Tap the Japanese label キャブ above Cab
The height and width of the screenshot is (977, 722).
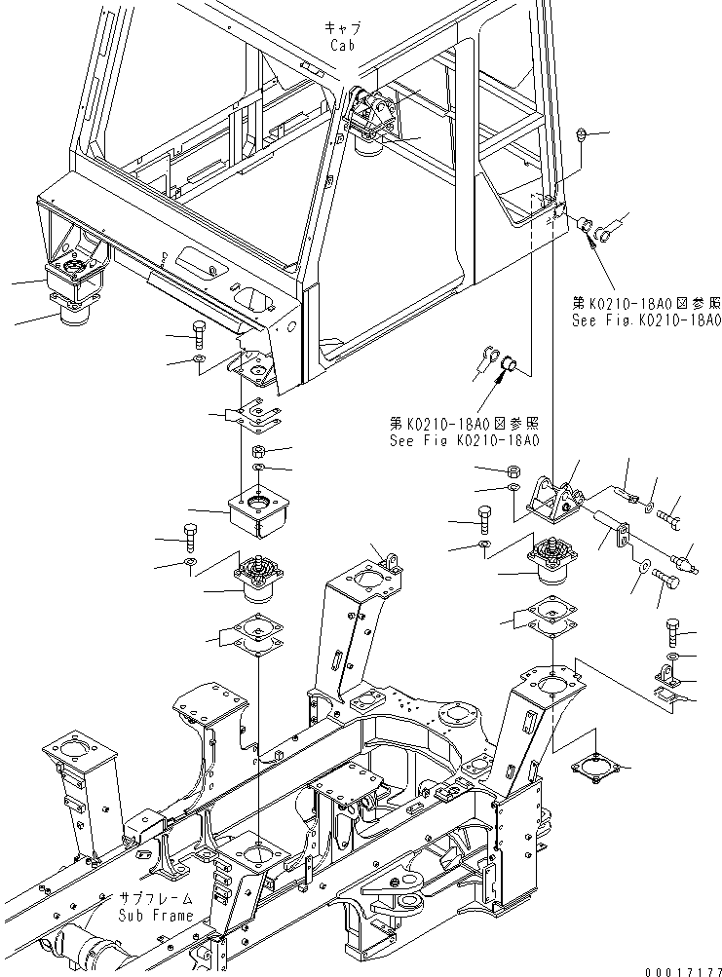click(x=343, y=29)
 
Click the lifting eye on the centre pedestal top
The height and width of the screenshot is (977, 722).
click(x=392, y=561)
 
